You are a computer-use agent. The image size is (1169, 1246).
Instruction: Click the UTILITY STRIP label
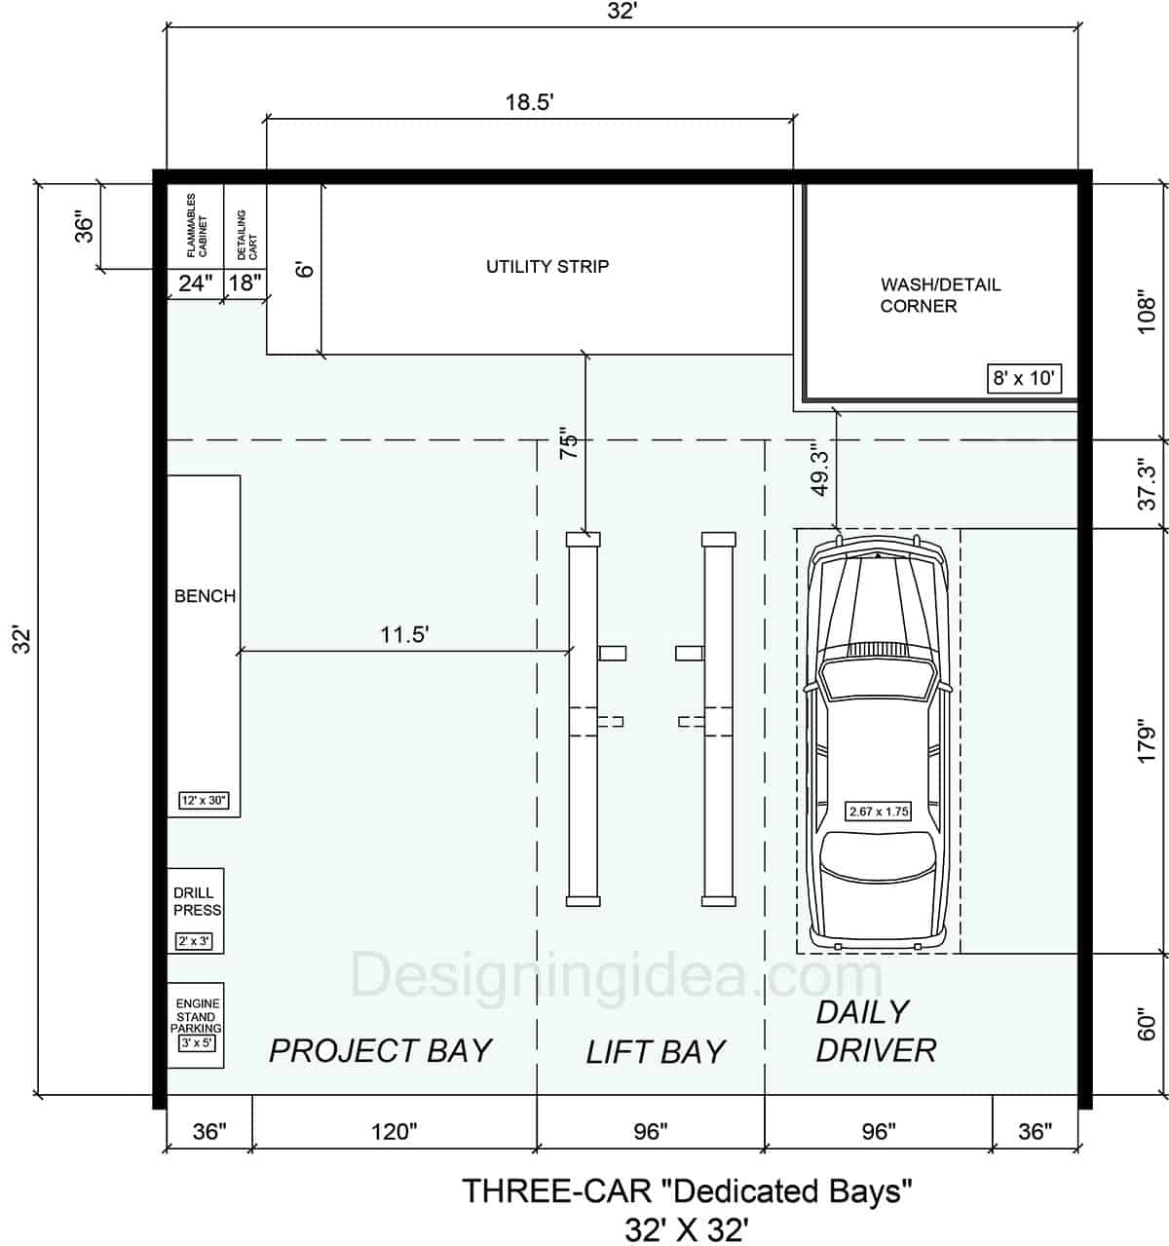547,266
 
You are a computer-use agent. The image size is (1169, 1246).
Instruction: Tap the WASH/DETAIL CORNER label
939,295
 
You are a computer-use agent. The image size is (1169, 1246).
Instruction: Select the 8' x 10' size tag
1023,378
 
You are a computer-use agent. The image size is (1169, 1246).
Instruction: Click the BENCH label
205,596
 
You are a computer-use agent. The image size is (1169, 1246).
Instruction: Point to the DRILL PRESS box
196,910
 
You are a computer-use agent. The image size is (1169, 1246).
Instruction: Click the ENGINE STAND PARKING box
196,1025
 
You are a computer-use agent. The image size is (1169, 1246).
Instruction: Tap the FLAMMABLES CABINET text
197,225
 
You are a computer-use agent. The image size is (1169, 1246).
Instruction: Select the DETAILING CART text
246,235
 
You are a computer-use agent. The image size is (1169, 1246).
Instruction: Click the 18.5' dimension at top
529,102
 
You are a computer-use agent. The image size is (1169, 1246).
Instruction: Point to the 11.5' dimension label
404,634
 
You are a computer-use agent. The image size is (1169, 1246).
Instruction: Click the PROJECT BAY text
380,1050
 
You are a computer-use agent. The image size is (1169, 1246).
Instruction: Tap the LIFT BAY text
656,1051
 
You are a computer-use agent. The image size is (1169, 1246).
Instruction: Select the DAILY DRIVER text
875,1031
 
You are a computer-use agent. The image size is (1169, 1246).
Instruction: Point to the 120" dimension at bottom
395,1131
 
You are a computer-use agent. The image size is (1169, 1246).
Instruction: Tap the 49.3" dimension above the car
820,471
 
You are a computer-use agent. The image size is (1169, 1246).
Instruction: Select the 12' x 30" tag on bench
204,801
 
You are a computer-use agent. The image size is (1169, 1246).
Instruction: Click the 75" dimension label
570,443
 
